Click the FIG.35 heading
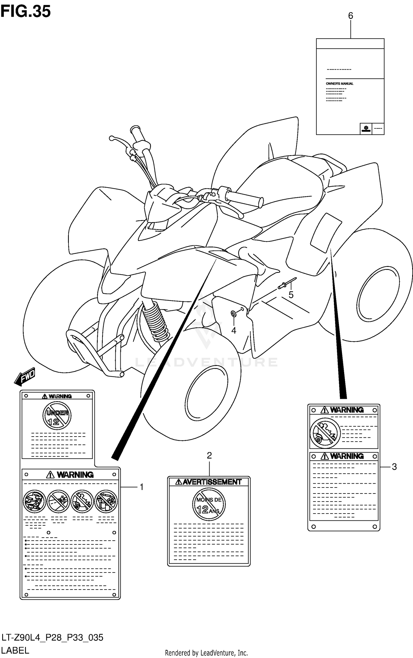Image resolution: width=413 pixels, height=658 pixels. coord(26,12)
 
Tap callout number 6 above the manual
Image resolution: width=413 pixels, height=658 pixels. coord(350,16)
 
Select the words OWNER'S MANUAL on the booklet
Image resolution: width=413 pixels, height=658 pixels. coord(339,84)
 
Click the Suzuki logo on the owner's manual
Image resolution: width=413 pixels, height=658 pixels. coord(366,128)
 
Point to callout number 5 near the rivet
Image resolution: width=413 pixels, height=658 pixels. coord(291,295)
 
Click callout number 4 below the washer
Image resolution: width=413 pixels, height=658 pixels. coord(234,330)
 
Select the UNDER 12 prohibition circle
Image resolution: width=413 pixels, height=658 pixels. coord(57,416)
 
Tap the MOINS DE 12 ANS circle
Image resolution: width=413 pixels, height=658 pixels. coord(209,504)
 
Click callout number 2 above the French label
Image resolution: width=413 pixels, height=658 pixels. coord(209,456)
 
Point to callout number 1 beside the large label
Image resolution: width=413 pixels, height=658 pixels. coord(142,487)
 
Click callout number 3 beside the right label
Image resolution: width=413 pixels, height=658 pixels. coord(394,467)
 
